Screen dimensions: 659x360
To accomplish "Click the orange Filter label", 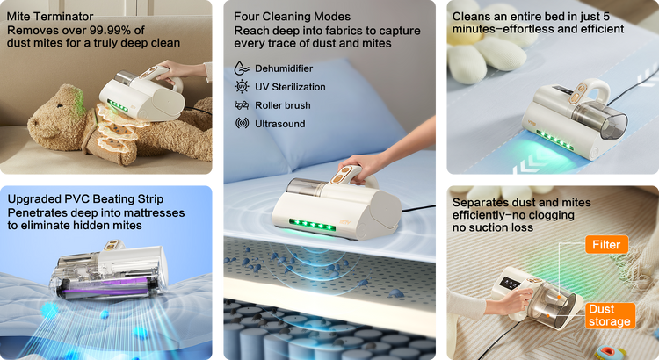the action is (606, 244).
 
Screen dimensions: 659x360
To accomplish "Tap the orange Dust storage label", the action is (610, 315).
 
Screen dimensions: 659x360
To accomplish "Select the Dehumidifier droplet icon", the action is (242, 68).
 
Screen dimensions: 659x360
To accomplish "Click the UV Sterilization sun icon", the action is (242, 87).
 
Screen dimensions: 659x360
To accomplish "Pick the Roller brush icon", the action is (242, 105).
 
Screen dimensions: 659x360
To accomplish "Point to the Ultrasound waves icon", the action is (242, 124).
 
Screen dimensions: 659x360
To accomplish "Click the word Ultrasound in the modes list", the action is (280, 124).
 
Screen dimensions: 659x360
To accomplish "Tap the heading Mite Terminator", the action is (50, 17).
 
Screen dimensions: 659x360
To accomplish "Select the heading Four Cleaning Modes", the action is (292, 17).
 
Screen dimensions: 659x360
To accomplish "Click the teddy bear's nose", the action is (32, 124).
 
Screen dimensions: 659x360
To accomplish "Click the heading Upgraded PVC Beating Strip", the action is (85, 199).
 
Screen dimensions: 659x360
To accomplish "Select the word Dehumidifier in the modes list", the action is (284, 68).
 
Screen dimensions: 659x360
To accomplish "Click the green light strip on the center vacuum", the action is (312, 225).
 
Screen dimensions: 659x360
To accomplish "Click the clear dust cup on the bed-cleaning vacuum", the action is (601, 119).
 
